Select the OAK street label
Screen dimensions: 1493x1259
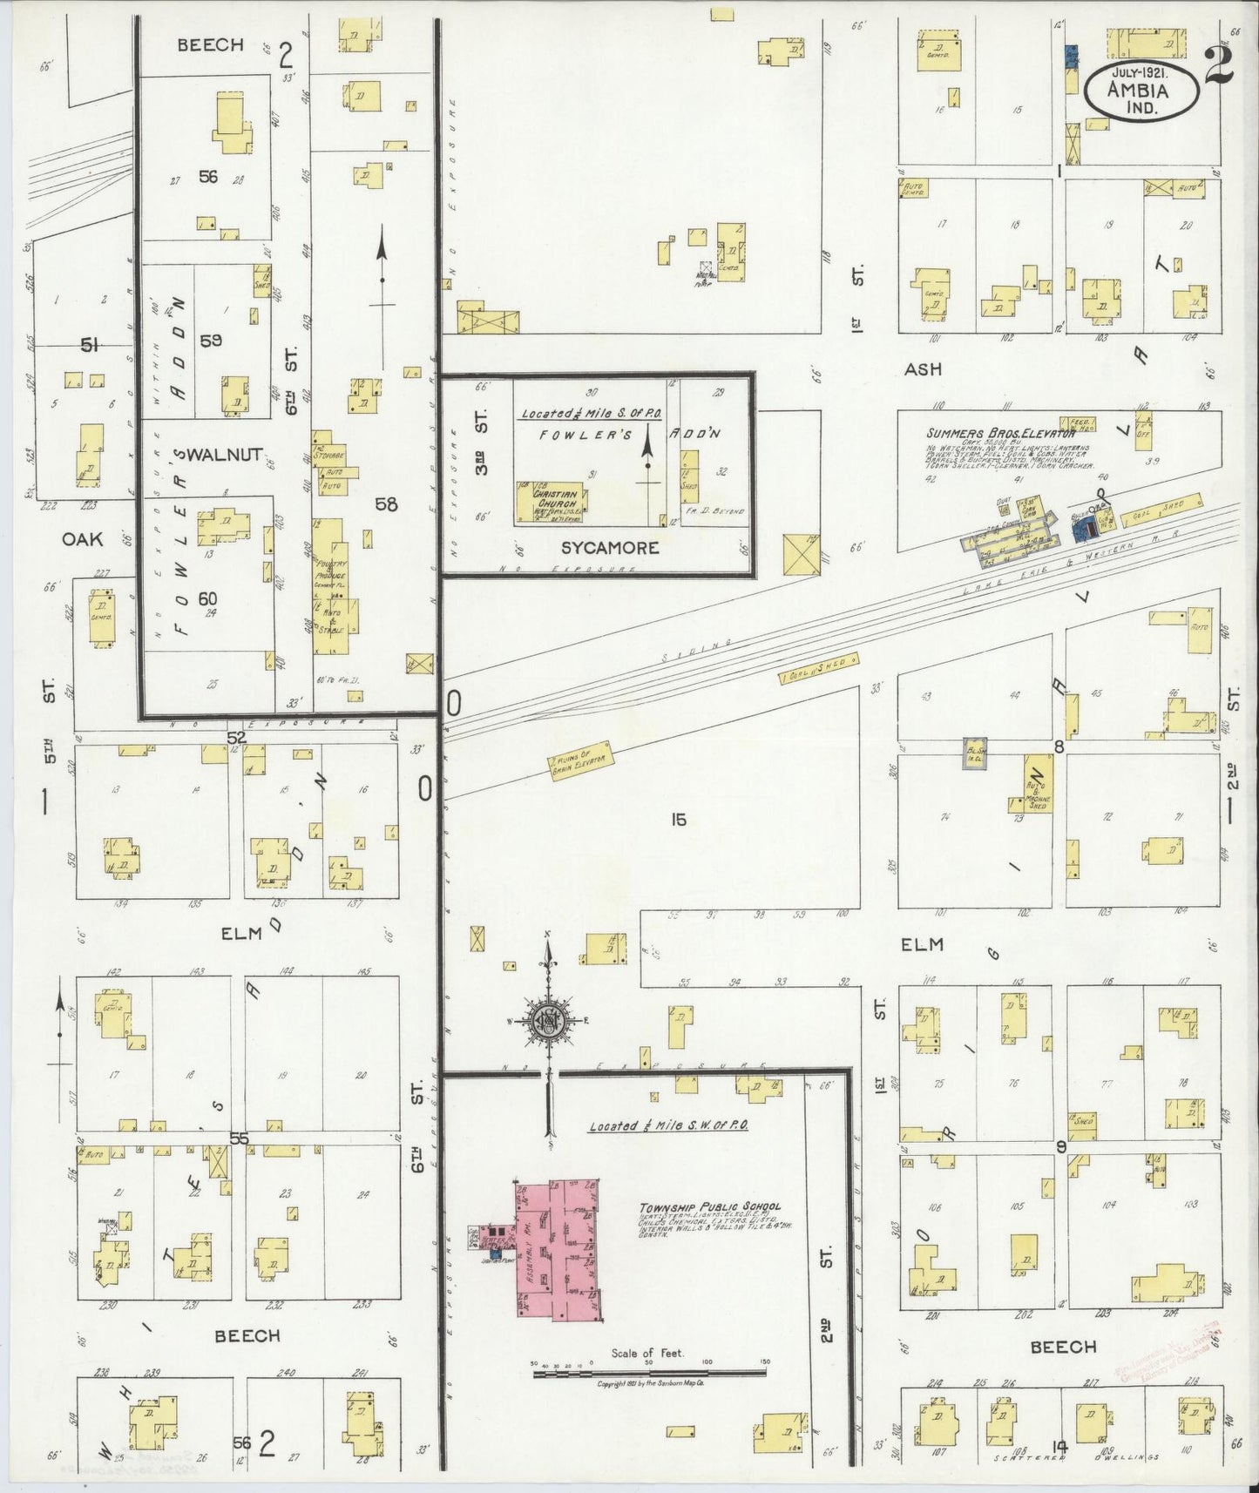[x=82, y=539]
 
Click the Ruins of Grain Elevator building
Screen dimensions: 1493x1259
[x=579, y=756]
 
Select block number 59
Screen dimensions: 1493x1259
[x=211, y=341]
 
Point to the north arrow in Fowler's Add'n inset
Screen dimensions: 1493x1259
[x=647, y=449]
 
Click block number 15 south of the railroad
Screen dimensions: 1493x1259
[x=679, y=820]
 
